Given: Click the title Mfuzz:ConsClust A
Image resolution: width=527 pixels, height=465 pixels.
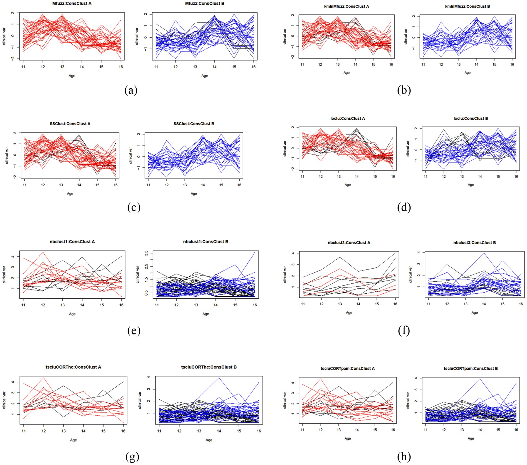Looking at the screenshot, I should click(72, 4).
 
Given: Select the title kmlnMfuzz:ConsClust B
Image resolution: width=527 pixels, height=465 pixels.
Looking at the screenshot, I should click(467, 6).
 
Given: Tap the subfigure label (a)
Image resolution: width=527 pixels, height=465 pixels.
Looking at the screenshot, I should click(131, 90).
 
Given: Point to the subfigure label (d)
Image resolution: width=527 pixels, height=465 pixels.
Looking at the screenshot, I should click(404, 207).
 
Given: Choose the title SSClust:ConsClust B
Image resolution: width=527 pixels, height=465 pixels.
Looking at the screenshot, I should click(194, 124).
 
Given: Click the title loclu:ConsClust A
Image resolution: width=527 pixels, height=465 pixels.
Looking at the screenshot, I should click(348, 118).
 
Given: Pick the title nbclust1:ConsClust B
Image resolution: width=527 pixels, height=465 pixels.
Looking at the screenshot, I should click(206, 242).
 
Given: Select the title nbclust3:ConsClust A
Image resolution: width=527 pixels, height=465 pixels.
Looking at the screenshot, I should click(349, 243).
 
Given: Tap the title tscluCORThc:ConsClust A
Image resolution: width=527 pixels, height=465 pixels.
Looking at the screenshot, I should click(73, 367).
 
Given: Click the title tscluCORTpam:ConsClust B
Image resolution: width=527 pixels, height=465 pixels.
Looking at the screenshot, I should click(471, 369).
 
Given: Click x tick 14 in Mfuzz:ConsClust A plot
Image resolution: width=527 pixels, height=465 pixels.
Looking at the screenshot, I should click(82, 67).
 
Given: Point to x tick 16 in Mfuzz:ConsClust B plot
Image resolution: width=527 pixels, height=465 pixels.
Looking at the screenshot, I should click(254, 67).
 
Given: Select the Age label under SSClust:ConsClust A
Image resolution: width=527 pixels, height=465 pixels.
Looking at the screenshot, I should click(70, 194).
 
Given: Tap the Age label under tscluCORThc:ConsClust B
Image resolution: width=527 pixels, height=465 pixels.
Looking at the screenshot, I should click(209, 440).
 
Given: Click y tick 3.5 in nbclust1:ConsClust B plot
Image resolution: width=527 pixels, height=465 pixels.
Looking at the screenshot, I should click(146, 253).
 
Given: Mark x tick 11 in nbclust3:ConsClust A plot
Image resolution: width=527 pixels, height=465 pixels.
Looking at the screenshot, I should click(303, 304).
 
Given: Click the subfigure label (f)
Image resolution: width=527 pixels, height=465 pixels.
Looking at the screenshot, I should click(404, 331).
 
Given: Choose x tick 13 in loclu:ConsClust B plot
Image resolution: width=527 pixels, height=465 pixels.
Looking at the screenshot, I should click(462, 176).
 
